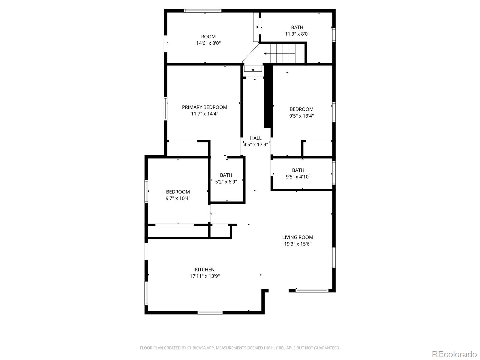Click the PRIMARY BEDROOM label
[x=205, y=107]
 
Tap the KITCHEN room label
[x=205, y=269]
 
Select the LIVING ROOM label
[x=298, y=237]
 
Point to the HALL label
[x=256, y=138]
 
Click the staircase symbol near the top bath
[x=283, y=53]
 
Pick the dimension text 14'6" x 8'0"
[x=208, y=43]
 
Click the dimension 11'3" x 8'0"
[x=297, y=34]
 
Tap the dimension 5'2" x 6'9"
[x=226, y=181]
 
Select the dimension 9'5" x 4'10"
[x=298, y=177]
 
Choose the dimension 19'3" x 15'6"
[x=298, y=244]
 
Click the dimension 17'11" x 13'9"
[x=205, y=276]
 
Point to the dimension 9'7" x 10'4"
[x=178, y=198]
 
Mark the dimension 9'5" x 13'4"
[x=301, y=116]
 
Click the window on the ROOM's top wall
[x=202, y=11]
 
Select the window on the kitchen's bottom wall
[x=210, y=313]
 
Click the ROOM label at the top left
[x=208, y=37]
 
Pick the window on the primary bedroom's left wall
[x=165, y=108]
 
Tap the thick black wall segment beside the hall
[x=268, y=96]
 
